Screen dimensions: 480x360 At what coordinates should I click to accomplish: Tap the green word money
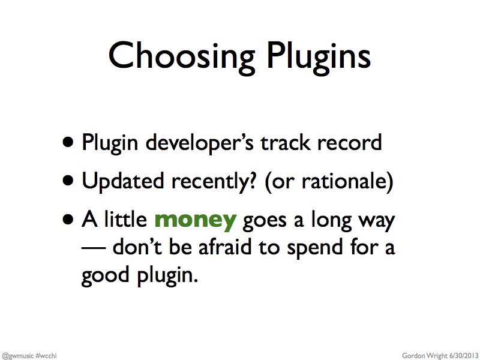pyautogui.click(x=196, y=221)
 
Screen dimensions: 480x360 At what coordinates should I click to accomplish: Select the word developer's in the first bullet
pyautogui.click(x=200, y=143)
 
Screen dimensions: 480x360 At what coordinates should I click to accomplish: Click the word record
pyautogui.click(x=350, y=143)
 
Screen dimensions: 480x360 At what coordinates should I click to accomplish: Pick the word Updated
pyautogui.click(x=123, y=181)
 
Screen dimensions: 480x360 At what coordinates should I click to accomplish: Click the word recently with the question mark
pyautogui.click(x=214, y=182)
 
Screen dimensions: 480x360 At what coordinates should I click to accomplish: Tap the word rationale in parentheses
pyautogui.click(x=347, y=181)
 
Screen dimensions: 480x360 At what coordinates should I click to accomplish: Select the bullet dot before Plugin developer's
pyautogui.click(x=68, y=143)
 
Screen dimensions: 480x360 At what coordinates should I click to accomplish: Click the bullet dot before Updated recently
pyautogui.click(x=68, y=181)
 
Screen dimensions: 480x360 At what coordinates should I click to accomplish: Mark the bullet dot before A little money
pyautogui.click(x=68, y=220)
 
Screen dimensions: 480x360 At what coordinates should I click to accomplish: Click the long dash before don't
pyautogui.click(x=94, y=248)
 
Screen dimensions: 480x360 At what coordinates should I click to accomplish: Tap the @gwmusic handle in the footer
pyautogui.click(x=17, y=356)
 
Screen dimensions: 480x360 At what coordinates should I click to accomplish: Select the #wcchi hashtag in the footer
pyautogui.click(x=46, y=356)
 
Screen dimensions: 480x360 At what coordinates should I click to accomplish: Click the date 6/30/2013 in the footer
pyautogui.click(x=463, y=356)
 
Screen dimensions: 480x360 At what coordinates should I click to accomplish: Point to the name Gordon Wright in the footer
pyautogui.click(x=425, y=356)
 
